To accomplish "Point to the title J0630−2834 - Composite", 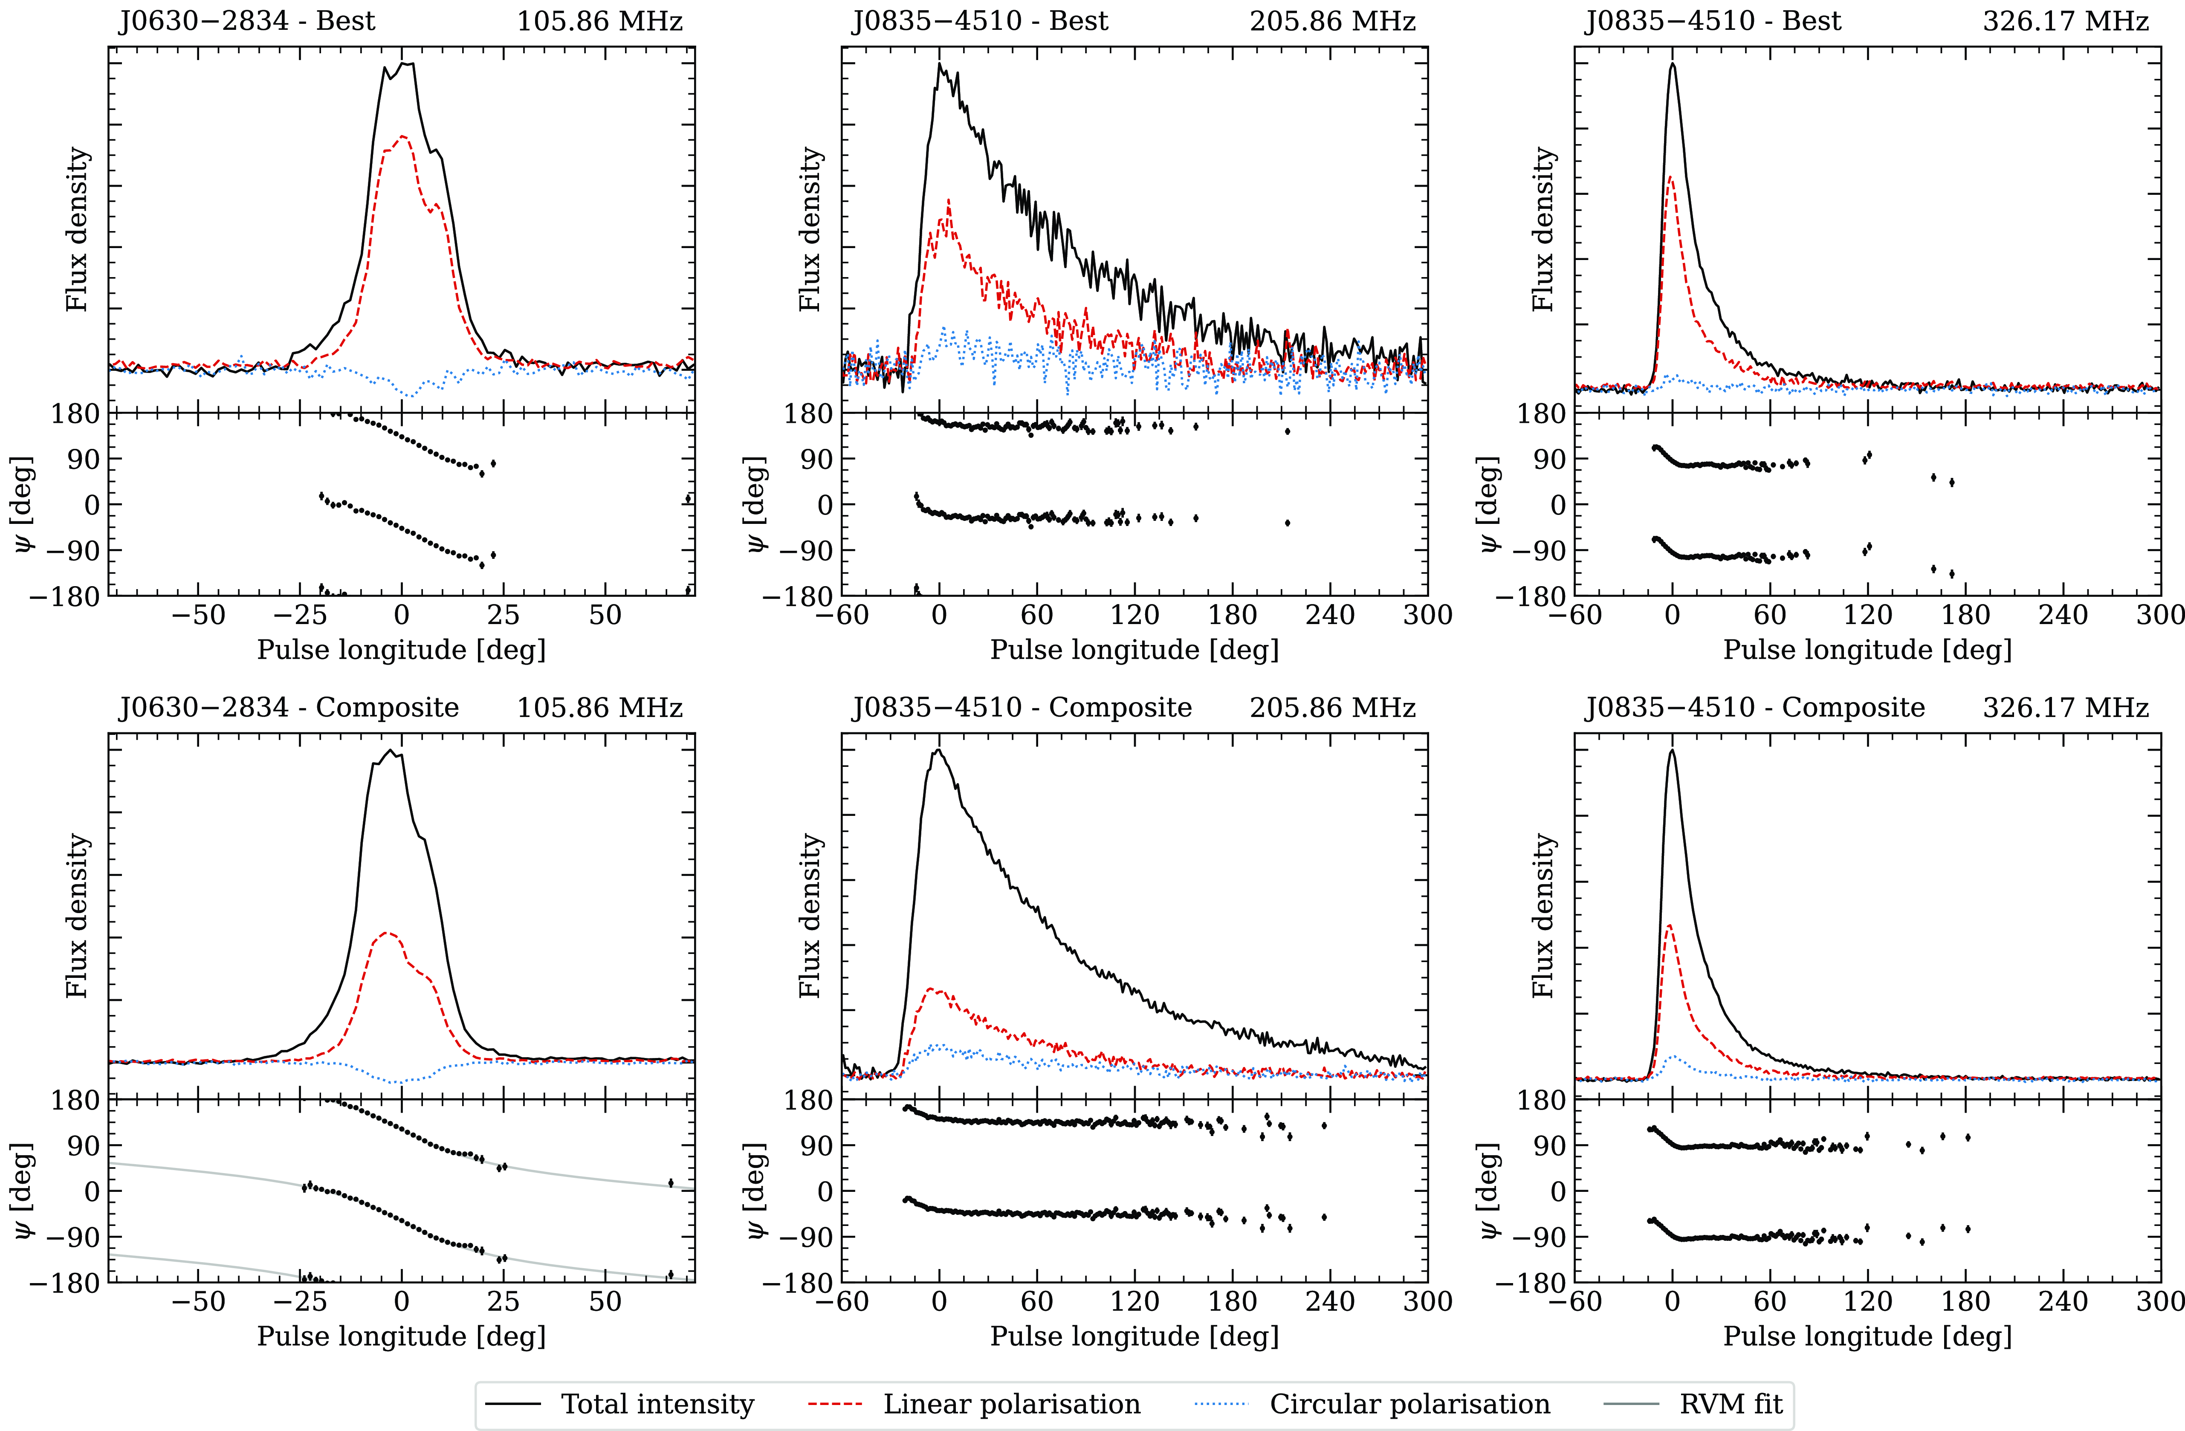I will (288, 708).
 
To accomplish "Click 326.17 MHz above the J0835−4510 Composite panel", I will (2066, 708).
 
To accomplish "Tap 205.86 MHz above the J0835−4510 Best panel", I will (1332, 21).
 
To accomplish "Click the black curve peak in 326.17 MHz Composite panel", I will (1672, 751).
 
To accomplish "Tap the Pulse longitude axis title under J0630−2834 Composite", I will (401, 1336).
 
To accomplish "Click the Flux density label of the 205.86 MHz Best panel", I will (810, 229).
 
